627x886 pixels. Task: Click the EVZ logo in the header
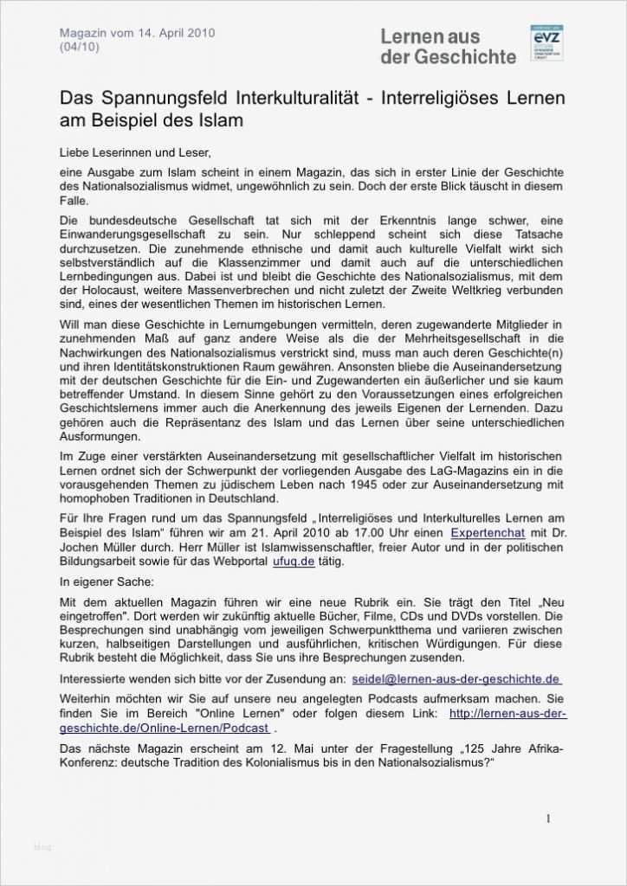pos(546,43)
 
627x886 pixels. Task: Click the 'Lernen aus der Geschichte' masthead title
pos(448,47)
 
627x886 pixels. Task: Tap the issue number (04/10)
pos(79,48)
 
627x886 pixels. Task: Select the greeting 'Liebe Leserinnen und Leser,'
pos(135,151)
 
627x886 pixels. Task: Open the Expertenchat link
pos(491,534)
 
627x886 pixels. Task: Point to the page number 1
pos(548,819)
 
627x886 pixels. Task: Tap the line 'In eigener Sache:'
pos(107,581)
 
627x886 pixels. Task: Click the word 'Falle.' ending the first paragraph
pos(74,200)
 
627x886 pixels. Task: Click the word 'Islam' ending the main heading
pos(222,119)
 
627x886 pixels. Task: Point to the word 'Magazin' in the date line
pos(84,33)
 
